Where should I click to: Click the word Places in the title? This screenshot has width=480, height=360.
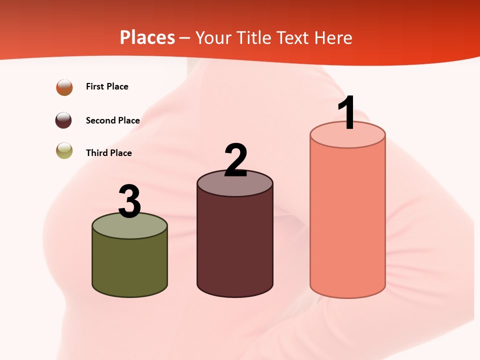tap(147, 37)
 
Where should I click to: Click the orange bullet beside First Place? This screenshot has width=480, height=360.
tap(64, 87)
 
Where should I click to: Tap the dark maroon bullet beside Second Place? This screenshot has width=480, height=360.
tap(63, 120)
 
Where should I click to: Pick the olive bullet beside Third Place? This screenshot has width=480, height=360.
tap(64, 150)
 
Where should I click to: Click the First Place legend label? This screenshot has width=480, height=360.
tap(107, 86)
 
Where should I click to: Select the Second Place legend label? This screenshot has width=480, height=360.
tap(112, 120)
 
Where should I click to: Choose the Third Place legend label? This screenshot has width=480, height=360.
tap(108, 153)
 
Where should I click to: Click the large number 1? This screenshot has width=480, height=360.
tap(346, 113)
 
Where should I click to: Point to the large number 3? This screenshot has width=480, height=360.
tap(130, 201)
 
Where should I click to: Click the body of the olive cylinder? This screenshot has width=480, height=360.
tap(130, 265)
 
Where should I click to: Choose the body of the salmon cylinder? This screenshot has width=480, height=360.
tap(347, 220)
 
